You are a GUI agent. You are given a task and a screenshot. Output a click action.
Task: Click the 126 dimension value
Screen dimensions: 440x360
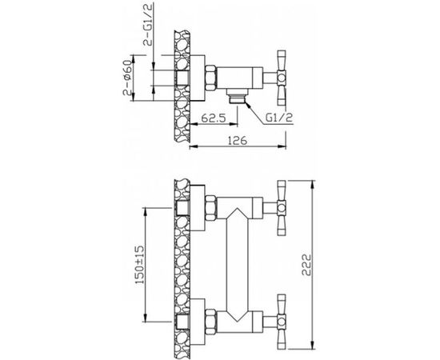238,140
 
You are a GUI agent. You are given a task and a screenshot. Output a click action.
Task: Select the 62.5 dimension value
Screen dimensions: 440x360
214,118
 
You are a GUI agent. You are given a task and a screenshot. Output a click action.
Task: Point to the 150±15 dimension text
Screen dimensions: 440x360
140,265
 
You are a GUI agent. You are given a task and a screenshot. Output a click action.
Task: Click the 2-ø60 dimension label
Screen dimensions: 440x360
127,78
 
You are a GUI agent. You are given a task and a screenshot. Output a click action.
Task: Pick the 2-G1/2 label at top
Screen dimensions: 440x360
148,26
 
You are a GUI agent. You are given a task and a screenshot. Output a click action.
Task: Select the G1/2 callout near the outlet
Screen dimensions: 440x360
279,118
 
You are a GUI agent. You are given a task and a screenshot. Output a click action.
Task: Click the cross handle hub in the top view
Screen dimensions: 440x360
281,78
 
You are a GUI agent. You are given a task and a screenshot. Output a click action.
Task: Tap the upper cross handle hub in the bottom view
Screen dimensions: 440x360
281,208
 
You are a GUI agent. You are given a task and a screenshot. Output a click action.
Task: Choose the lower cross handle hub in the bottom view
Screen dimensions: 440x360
281,322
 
